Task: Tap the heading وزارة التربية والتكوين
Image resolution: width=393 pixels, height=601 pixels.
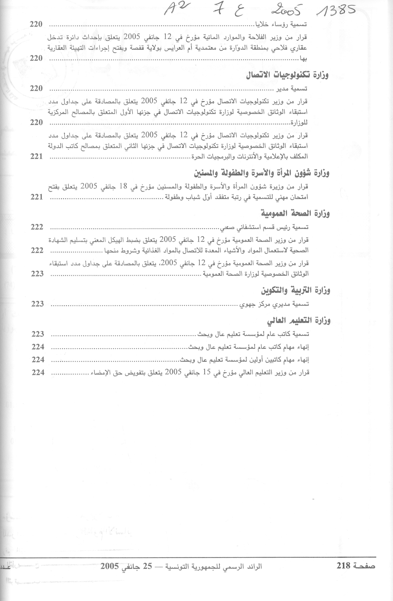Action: (296, 291)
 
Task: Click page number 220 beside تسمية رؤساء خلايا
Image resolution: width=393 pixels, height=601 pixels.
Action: (36, 24)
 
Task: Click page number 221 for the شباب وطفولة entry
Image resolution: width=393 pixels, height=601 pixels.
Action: (37, 197)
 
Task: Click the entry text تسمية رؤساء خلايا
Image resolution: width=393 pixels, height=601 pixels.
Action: (280, 24)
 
